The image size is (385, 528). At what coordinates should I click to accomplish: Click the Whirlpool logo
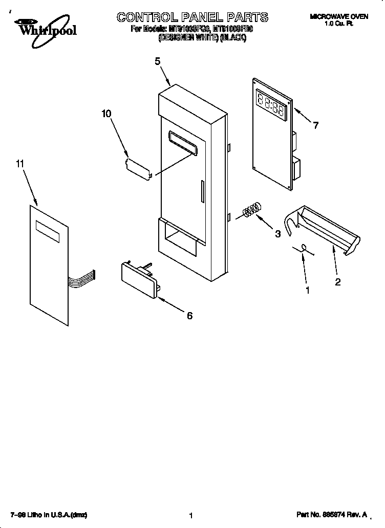(45, 28)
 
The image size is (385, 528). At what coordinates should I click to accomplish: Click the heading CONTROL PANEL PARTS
(192, 17)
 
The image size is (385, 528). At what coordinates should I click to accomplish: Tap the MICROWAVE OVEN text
(338, 17)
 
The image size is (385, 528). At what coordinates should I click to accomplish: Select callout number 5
(158, 61)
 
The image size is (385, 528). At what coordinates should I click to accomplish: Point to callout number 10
(106, 114)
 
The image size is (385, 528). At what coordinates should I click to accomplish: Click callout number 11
(20, 164)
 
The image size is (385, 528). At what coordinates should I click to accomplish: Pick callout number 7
(316, 125)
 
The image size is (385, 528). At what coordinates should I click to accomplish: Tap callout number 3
(277, 234)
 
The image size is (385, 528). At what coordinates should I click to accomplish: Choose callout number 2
(338, 281)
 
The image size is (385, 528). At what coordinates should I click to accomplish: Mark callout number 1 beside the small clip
(307, 290)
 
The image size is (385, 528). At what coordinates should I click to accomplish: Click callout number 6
(189, 316)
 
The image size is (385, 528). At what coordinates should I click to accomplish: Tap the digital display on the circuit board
(272, 104)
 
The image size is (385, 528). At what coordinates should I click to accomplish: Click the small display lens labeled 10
(138, 168)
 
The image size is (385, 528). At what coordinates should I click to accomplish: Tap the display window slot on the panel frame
(182, 141)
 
